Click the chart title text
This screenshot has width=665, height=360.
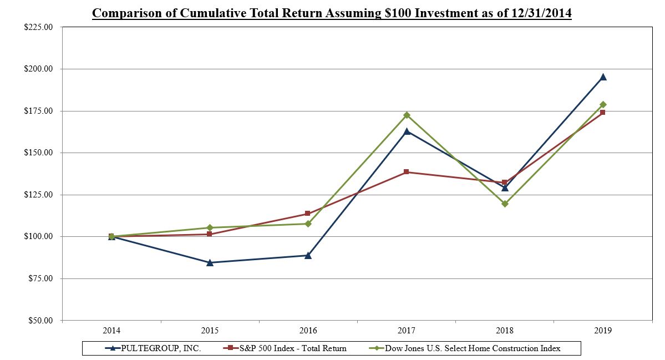tap(332, 13)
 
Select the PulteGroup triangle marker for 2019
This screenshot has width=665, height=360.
tap(603, 77)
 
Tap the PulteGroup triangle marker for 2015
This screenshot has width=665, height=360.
tap(210, 262)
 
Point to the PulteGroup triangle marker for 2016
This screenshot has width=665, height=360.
tap(308, 255)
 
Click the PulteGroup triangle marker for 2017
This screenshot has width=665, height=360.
tap(407, 131)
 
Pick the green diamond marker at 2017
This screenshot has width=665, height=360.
tap(407, 115)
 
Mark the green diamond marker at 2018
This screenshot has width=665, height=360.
tap(505, 204)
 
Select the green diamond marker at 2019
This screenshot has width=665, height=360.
tap(603, 104)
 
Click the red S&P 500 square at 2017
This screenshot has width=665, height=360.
tap(407, 172)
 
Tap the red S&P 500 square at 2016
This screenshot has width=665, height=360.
tap(308, 214)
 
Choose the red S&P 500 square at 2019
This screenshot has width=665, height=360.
tap(603, 112)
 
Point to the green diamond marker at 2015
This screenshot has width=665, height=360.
tap(210, 227)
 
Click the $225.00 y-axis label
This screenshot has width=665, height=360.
tap(39, 27)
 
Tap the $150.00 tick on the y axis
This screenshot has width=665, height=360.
tap(39, 153)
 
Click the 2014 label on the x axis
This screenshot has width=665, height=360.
tap(111, 331)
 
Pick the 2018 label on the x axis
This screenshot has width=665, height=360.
tap(505, 331)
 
